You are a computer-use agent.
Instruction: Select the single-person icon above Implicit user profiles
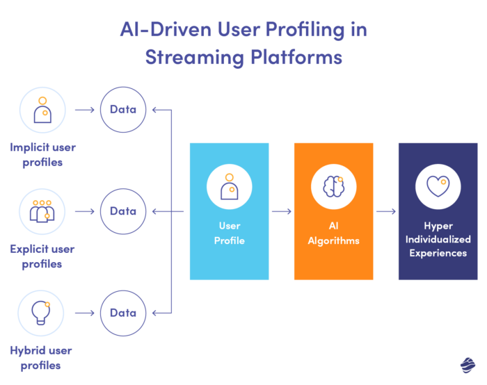(x=42, y=109)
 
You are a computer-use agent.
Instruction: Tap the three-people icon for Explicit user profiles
(x=42, y=211)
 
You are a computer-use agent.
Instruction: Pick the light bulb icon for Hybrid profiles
(x=42, y=313)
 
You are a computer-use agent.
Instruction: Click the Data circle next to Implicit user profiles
(x=123, y=109)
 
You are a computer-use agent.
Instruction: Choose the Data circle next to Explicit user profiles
(x=123, y=211)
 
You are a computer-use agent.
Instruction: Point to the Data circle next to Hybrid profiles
(x=123, y=313)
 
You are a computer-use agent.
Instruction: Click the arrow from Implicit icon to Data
(x=83, y=109)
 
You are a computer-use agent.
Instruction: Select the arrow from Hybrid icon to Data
(x=83, y=313)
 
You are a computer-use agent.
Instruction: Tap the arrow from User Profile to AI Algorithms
(x=281, y=211)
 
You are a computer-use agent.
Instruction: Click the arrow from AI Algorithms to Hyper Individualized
(x=385, y=211)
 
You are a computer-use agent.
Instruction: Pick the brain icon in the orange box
(x=333, y=187)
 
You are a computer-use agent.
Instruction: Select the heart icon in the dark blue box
(x=438, y=187)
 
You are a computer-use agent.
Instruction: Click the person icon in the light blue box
(x=229, y=187)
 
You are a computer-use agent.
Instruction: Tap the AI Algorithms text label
(x=333, y=233)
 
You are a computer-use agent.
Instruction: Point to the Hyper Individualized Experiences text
(x=438, y=239)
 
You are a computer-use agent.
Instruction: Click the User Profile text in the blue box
(x=229, y=233)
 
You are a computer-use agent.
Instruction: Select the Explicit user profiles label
(x=42, y=256)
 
